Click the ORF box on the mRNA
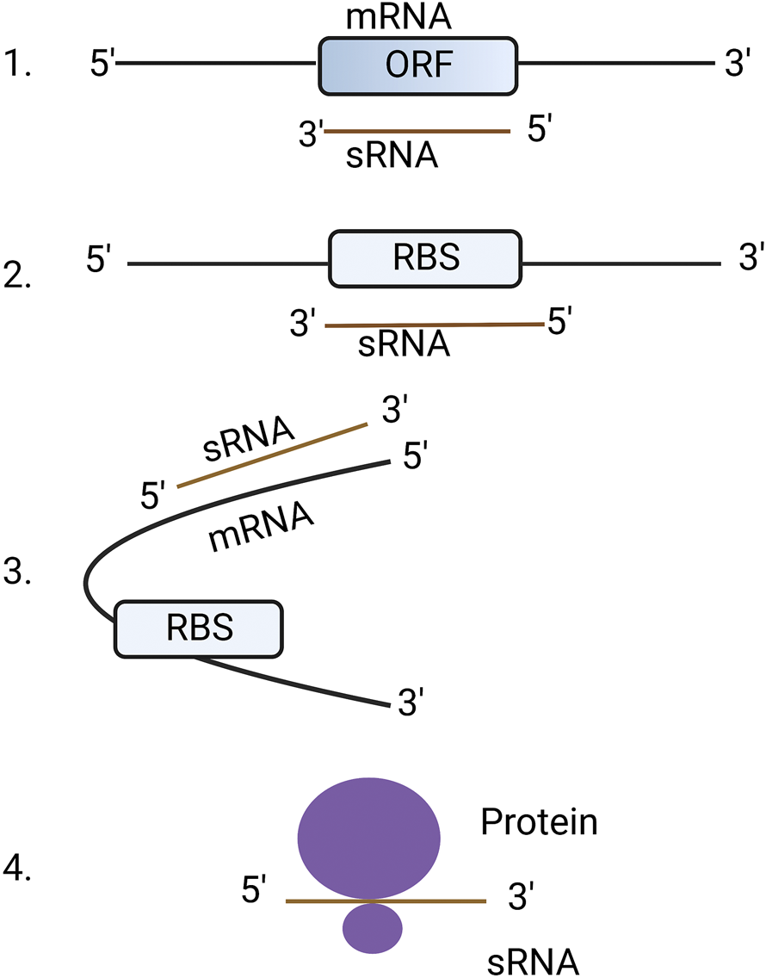(x=418, y=65)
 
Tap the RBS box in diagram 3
(x=199, y=628)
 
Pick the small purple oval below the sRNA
(x=373, y=928)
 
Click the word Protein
(x=539, y=822)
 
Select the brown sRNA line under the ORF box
(x=417, y=132)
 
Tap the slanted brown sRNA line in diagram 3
(x=272, y=455)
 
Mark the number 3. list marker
(x=18, y=572)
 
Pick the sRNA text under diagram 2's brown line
(x=405, y=344)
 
